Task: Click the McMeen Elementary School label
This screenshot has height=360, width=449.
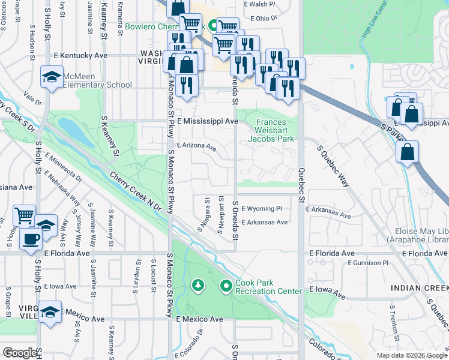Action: [97, 80]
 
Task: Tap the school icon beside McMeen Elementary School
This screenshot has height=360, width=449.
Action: [52, 77]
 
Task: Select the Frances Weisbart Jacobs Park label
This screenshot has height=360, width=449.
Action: [271, 130]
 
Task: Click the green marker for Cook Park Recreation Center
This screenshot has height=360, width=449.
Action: [226, 287]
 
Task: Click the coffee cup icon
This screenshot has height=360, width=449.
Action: [30, 238]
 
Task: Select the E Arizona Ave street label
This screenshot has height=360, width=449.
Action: [196, 146]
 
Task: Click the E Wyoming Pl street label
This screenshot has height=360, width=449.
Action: [261, 208]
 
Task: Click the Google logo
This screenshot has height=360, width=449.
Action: [20, 353]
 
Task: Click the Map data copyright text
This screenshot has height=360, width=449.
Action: [411, 355]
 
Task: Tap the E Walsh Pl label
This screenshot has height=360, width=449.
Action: [259, 4]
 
